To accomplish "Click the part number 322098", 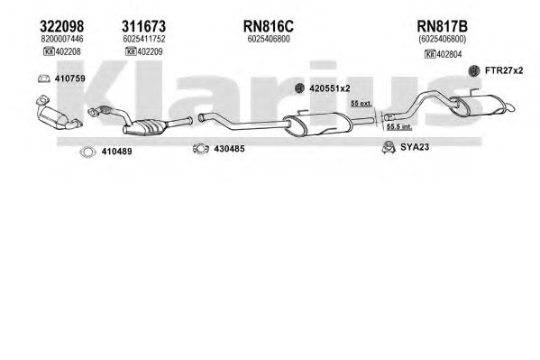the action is (x=62, y=26).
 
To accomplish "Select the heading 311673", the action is (x=143, y=26).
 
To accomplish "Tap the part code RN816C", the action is (x=269, y=26).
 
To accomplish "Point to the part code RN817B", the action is (x=443, y=26).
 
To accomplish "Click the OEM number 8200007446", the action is (x=62, y=39).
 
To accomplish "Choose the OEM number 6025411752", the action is (x=144, y=39).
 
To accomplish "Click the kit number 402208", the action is (x=68, y=51).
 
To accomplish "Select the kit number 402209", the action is (x=150, y=51).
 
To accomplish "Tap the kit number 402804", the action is (x=449, y=54).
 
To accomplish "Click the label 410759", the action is (x=70, y=78).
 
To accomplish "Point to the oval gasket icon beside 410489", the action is (x=87, y=152).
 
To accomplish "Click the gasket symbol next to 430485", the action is (x=201, y=149).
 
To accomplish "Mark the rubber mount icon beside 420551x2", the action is (x=299, y=88).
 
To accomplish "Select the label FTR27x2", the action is (x=504, y=70).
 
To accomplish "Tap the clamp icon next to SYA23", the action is (x=389, y=147).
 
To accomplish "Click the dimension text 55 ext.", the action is (x=362, y=103).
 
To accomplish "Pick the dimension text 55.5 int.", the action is (x=399, y=127).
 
